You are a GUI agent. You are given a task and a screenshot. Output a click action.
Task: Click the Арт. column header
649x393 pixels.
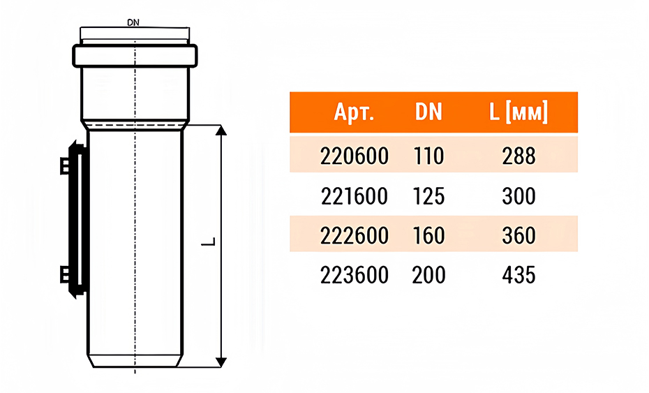coord(354,112)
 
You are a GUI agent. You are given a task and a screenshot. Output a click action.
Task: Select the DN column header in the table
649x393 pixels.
coord(428,112)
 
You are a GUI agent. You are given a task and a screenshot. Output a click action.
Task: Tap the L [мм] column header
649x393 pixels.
coord(519,112)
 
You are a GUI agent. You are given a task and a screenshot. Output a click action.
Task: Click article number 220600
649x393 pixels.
coord(355,156)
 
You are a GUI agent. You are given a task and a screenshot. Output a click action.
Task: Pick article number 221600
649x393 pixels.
coord(355,196)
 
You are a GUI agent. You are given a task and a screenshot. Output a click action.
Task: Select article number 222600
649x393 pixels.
coord(355,236)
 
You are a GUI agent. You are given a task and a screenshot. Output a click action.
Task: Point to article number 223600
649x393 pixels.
coord(355,275)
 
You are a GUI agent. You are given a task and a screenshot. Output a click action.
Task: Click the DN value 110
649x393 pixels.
coord(428,156)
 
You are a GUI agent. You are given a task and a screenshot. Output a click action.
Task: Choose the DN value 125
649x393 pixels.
coord(428,196)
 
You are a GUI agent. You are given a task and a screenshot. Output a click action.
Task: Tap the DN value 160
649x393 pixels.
coord(428,236)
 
